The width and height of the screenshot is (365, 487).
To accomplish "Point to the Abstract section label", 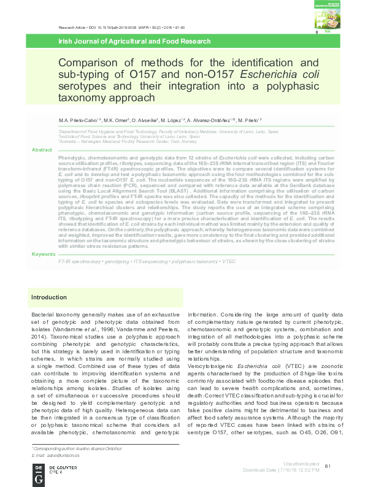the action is pyautogui.click(x=42, y=150).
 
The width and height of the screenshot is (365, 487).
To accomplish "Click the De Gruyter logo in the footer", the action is pyautogui.click(x=39, y=472).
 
